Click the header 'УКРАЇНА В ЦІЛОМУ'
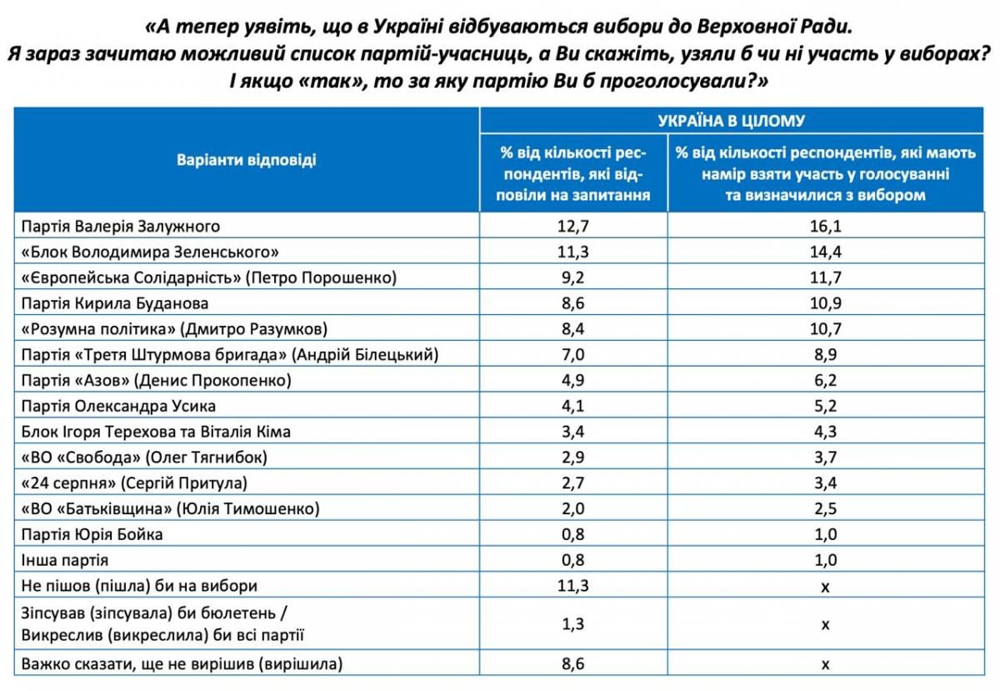732,121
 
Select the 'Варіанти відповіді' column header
247,159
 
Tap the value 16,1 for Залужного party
826,226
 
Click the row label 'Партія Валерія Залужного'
121,227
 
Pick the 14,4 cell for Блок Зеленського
826,252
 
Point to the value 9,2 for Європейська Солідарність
572,278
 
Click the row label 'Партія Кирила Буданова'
115,303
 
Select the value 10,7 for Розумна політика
826,328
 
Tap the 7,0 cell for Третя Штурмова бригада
572,354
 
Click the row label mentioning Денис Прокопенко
157,381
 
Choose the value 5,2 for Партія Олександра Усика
826,406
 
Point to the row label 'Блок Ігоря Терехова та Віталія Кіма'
156,432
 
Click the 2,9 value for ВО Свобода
572,458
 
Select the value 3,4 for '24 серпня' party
826,483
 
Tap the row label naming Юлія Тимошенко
171,508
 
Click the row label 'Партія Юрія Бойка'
92,534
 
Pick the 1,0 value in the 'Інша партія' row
826,560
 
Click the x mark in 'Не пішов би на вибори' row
826,587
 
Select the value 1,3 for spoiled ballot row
572,623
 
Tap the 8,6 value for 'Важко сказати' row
572,663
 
